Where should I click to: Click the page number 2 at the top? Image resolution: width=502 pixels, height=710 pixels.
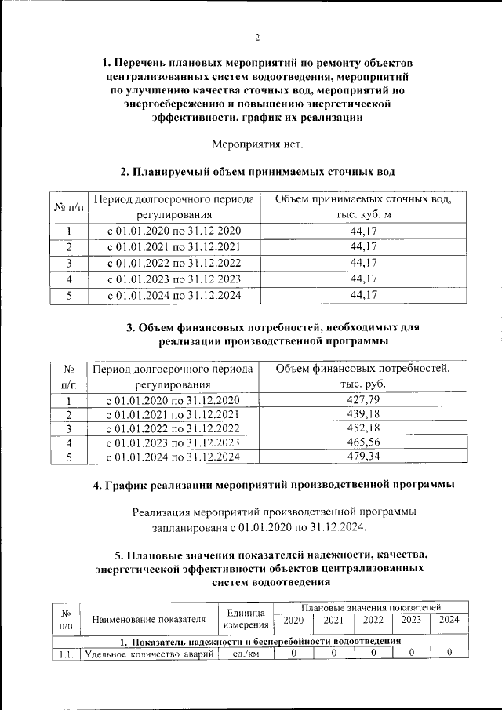[256, 38]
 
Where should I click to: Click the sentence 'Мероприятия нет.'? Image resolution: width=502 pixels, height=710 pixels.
[256, 144]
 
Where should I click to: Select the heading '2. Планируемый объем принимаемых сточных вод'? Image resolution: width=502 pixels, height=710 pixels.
[256, 172]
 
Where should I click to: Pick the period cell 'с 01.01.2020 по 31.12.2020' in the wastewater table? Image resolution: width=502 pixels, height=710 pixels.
[173, 231]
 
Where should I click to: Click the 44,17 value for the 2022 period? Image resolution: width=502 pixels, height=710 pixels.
[363, 263]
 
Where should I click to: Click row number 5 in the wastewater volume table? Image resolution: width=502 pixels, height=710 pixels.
[68, 295]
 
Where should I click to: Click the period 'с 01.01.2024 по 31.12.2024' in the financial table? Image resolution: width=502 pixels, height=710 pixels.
[173, 457]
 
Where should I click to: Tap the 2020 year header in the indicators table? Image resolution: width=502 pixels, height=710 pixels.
[293, 620]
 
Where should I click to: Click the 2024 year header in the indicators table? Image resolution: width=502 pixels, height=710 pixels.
[449, 620]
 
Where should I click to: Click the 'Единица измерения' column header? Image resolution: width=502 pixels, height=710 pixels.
[246, 619]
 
